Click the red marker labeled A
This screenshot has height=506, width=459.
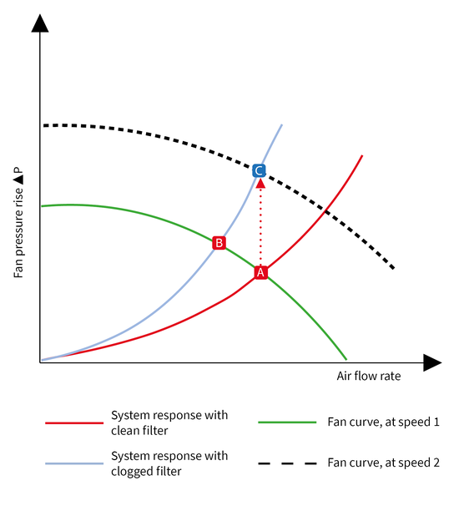pos(260,273)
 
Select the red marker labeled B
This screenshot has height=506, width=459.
pos(219,243)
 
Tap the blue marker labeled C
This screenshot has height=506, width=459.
pos(259,170)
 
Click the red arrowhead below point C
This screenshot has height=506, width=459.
pos(260,184)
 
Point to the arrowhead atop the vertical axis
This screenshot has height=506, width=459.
pos(40,23)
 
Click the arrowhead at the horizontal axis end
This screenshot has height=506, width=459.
pos(432,362)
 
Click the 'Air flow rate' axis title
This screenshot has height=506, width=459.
pos(369,376)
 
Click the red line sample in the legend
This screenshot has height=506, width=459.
pos(74,423)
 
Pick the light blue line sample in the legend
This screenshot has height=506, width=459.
pos(74,463)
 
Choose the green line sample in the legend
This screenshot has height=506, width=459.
pos(287,423)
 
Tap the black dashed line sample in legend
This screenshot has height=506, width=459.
pos(287,463)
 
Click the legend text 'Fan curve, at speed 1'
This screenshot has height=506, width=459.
pos(384,423)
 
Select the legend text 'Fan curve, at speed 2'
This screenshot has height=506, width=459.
pos(384,463)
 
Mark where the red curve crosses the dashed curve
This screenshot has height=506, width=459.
pos(325,212)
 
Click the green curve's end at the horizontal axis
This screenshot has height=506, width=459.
pos(346,360)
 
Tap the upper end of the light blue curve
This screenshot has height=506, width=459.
pos(282,124)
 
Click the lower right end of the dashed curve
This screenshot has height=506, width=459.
pos(394,268)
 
